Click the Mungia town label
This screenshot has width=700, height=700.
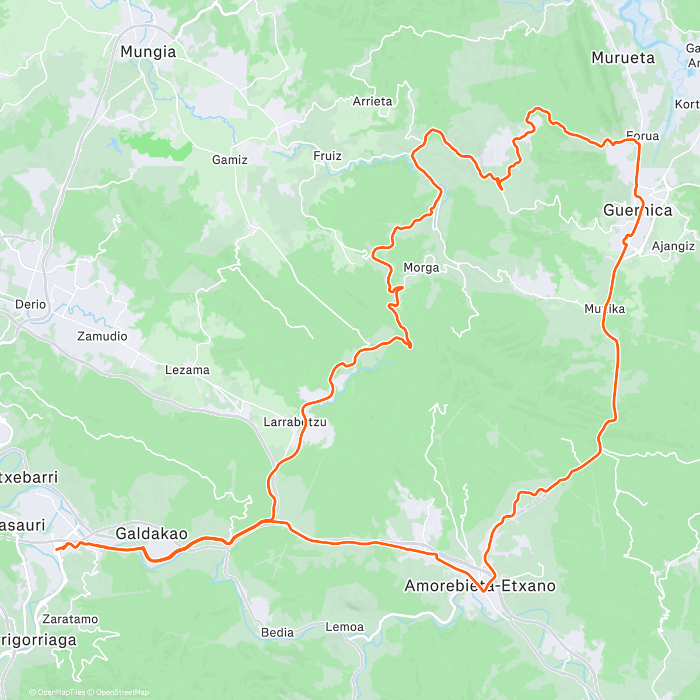[x=148, y=52]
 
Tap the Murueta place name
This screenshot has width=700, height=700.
[x=623, y=58]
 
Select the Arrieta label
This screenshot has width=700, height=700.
[x=373, y=101]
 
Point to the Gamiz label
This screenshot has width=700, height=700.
[x=230, y=160]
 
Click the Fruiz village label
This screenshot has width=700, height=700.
[x=327, y=156]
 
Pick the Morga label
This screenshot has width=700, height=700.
[x=421, y=268]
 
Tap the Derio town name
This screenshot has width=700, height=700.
[x=30, y=304]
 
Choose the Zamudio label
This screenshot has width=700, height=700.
[x=102, y=336]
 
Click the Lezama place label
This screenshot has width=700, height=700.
[x=187, y=370]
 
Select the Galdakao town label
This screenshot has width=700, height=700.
[x=152, y=533]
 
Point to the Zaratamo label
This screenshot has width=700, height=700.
[x=70, y=619]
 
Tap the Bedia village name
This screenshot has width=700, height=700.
[x=278, y=632]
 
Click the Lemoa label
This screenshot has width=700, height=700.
[x=345, y=627]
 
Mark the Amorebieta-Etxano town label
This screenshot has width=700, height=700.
[x=480, y=586]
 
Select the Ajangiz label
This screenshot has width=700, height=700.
[x=673, y=246]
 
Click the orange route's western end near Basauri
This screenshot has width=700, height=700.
[x=56, y=548]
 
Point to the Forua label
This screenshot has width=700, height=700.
[x=643, y=136]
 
